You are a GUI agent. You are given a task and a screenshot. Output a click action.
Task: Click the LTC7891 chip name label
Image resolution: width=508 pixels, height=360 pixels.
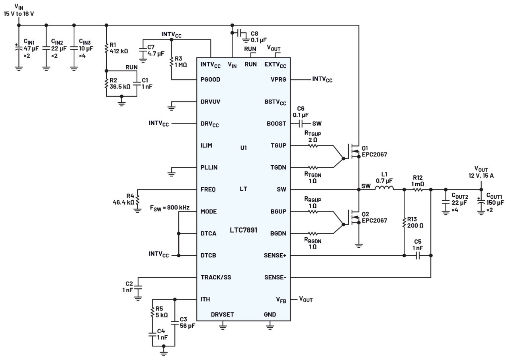point(243,230)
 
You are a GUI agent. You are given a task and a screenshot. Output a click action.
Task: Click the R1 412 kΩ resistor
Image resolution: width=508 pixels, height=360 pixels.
point(106,48)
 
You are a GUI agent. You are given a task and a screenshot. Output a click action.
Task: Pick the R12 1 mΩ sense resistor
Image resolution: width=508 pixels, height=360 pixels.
point(418,190)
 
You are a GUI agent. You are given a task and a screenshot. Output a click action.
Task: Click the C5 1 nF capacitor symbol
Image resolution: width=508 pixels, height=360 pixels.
point(418,256)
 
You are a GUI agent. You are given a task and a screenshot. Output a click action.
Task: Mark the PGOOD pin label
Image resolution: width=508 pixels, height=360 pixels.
point(211,80)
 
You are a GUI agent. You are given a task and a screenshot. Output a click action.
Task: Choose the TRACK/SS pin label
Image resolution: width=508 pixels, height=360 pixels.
point(216,277)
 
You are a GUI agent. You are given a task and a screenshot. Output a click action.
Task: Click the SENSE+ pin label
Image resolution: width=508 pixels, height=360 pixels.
point(275,255)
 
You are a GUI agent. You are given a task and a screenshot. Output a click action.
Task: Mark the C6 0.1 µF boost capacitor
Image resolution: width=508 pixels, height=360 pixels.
point(301,123)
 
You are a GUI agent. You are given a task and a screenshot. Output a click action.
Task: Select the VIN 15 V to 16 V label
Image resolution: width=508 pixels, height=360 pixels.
point(18,10)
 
